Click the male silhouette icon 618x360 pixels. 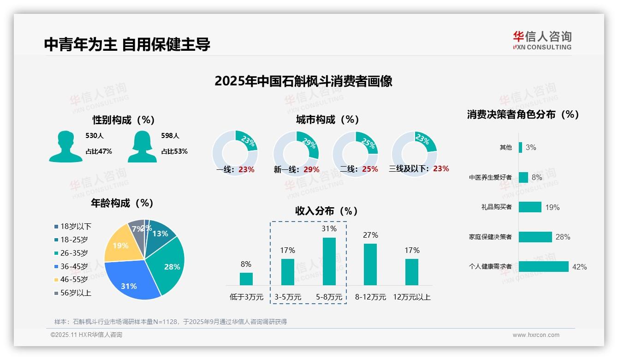pyautogui.click(x=65, y=146)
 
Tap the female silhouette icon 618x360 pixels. pyautogui.click(x=142, y=146)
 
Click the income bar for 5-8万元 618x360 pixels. pyautogui.click(x=329, y=261)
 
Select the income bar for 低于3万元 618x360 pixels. pyautogui.click(x=246, y=279)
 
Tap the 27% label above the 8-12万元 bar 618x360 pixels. pyautogui.click(x=370, y=235)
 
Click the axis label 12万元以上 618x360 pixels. pyautogui.click(x=411, y=297)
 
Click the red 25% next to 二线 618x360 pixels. pyautogui.click(x=370, y=169)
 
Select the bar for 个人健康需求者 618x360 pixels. pyautogui.click(x=543, y=267)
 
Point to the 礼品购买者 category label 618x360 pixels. pyautogui.click(x=496, y=207)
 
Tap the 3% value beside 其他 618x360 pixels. pyautogui.click(x=531, y=148)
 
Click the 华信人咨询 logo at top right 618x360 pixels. pyautogui.click(x=542, y=40)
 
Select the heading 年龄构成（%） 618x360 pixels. pyautogui.click(x=122, y=203)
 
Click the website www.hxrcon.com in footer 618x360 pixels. pyautogui.click(x=536, y=335)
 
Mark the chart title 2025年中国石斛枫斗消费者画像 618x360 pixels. pyautogui.click(x=303, y=81)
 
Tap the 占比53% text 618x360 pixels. pyautogui.click(x=174, y=151)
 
